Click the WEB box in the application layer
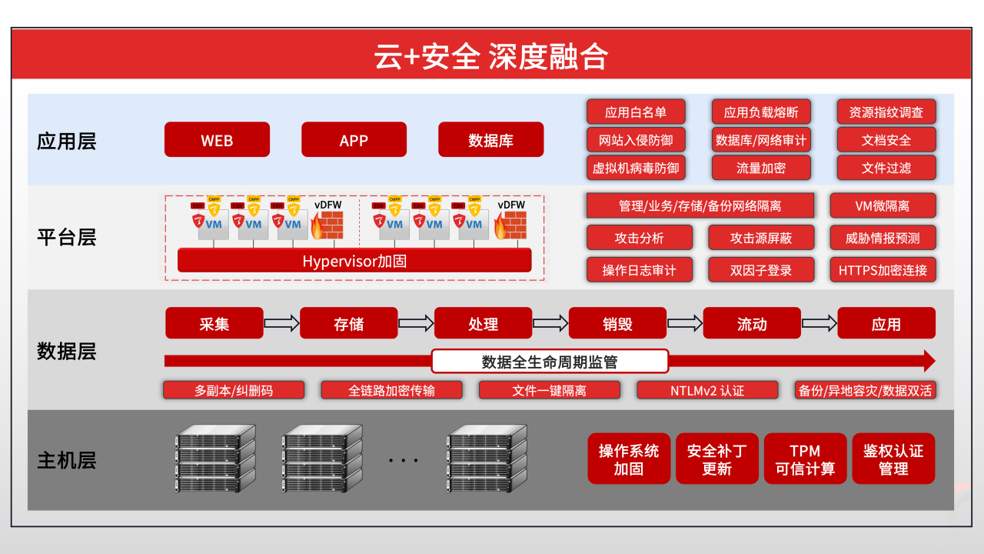coord(217,140)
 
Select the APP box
coord(354,140)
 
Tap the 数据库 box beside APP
coord(490,140)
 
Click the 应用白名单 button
coord(635,112)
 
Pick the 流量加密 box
coord(761,168)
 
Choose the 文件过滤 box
coord(886,168)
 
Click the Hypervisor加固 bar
coord(354,261)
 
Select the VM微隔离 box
coord(883,205)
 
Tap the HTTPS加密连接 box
coord(883,270)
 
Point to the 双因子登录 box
coord(761,270)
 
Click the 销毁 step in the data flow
coord(617,324)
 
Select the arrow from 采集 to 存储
coord(281,323)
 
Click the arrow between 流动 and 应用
coord(819,323)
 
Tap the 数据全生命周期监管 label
coord(550,362)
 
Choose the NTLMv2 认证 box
coord(707,390)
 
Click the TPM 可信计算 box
coord(805,459)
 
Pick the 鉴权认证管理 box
coord(893,459)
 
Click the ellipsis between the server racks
coord(403,461)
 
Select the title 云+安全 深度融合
coord(491,57)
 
